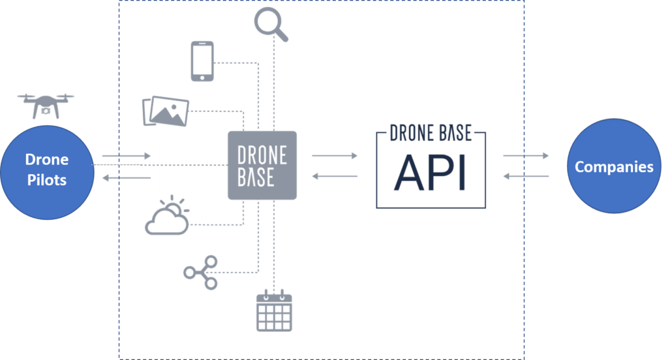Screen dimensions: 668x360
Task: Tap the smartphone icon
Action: coord(202,61)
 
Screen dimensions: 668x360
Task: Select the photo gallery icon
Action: coord(165,111)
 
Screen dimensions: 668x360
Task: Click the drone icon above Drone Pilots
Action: coord(46,106)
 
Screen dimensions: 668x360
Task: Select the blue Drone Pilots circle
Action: coord(47,173)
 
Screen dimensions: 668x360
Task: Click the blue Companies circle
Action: coord(614,166)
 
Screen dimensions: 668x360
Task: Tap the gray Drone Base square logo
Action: coord(262,165)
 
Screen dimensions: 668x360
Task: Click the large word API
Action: coord(431,173)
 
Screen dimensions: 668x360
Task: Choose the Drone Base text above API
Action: coord(431,133)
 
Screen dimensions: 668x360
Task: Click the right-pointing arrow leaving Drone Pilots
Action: coord(127,156)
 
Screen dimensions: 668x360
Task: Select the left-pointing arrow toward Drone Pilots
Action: coord(127,177)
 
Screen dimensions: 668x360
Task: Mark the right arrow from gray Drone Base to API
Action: coord(335,155)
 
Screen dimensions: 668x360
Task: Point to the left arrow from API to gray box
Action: coord(335,176)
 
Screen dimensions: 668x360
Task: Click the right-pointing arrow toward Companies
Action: coord(526,155)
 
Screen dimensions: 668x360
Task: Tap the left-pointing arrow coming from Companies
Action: coord(526,176)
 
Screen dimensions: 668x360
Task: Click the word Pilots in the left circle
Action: coord(47,180)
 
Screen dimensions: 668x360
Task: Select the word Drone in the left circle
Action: coord(47,159)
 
